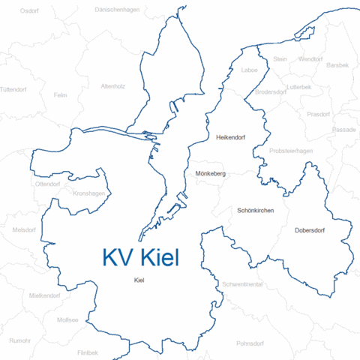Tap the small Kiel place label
pyautogui.click(x=138, y=280)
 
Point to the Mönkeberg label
pyautogui.click(x=210, y=173)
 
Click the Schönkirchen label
pyautogui.click(x=255, y=211)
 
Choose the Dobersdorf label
pyautogui.click(x=310, y=230)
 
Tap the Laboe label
pyautogui.click(x=249, y=70)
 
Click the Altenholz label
pyautogui.click(x=113, y=86)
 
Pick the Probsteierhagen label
pyautogui.click(x=290, y=151)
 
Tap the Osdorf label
pyautogui.click(x=30, y=11)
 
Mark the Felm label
pyautogui.click(x=61, y=95)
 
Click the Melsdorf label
pyautogui.click(x=25, y=229)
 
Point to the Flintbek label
pyautogui.click(x=88, y=352)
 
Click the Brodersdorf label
pyautogui.click(x=270, y=91)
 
